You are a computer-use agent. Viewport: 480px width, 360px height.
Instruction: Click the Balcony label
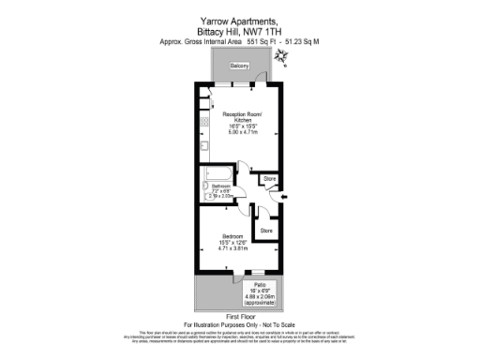pos(239,66)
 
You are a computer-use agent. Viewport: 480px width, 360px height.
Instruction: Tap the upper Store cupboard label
pos(269,178)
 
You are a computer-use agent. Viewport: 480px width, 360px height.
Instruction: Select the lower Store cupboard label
pos(265,230)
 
